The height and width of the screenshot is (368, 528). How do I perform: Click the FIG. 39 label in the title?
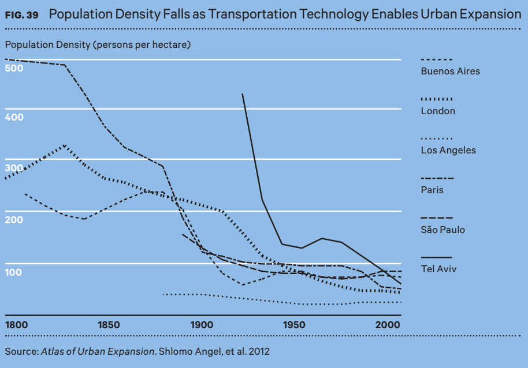tap(22, 15)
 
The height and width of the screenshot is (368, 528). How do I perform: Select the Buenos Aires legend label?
tap(450, 72)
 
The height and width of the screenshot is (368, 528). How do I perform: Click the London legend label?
tap(438, 111)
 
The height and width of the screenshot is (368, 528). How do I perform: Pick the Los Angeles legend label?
tap(448, 150)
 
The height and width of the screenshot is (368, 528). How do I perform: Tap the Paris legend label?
tap(432, 190)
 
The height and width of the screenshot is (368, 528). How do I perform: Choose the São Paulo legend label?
tap(443, 230)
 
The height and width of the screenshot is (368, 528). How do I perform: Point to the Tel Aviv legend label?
tap(438, 269)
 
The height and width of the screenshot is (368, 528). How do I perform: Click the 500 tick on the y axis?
tap(14, 68)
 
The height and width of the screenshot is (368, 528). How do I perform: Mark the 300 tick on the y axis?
tap(14, 168)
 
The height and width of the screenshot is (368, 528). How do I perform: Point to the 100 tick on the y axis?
tap(14, 272)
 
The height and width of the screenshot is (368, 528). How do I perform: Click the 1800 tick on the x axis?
tap(17, 325)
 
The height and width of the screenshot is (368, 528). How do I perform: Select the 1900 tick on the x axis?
tap(202, 325)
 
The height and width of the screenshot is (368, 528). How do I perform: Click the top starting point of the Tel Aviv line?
tap(243, 93)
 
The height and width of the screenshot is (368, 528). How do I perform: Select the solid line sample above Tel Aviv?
tap(437, 257)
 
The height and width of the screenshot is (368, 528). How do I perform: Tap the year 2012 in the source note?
tap(259, 351)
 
